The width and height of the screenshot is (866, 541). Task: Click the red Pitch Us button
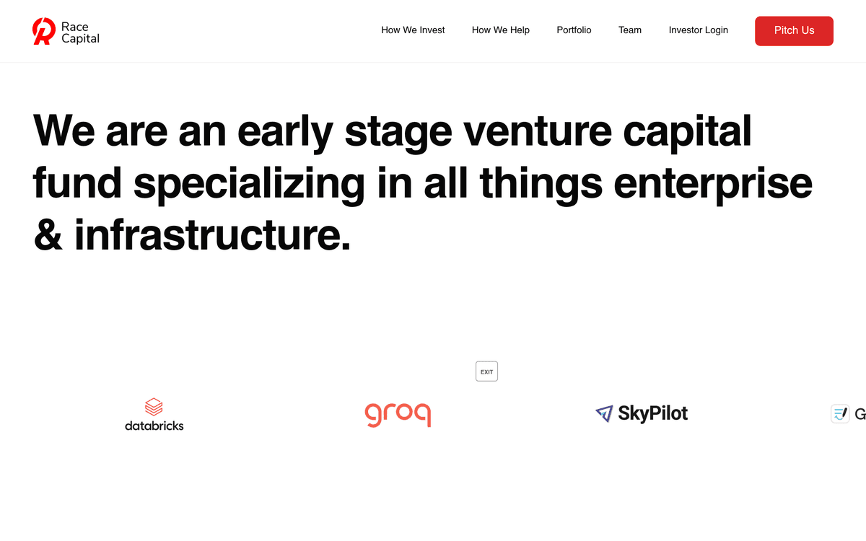pos(794,31)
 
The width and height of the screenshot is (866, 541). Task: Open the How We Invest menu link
pos(413,30)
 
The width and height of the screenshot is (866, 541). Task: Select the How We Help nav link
pos(501,30)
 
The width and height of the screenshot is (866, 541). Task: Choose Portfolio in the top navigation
pos(574,30)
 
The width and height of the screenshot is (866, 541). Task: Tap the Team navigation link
pos(630,30)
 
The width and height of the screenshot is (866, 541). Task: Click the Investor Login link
pos(699,30)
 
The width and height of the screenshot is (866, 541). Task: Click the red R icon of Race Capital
pos(44,31)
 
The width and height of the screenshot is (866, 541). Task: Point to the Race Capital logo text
pos(80,32)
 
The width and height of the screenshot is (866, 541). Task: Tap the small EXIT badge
pos(486,371)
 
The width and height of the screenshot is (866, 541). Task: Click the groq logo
pos(398,415)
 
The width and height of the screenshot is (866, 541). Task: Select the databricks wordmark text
pos(154,426)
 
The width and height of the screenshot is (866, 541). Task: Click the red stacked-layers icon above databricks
pos(154,407)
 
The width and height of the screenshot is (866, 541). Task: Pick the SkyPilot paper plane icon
pos(604,413)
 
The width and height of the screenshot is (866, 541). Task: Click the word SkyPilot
pos(653,413)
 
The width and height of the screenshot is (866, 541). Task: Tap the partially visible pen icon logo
pos(840,414)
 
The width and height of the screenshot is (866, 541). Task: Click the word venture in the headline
pos(538,131)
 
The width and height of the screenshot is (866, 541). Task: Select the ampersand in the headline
pos(48,234)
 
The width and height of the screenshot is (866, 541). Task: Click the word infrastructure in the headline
pos(212,234)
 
